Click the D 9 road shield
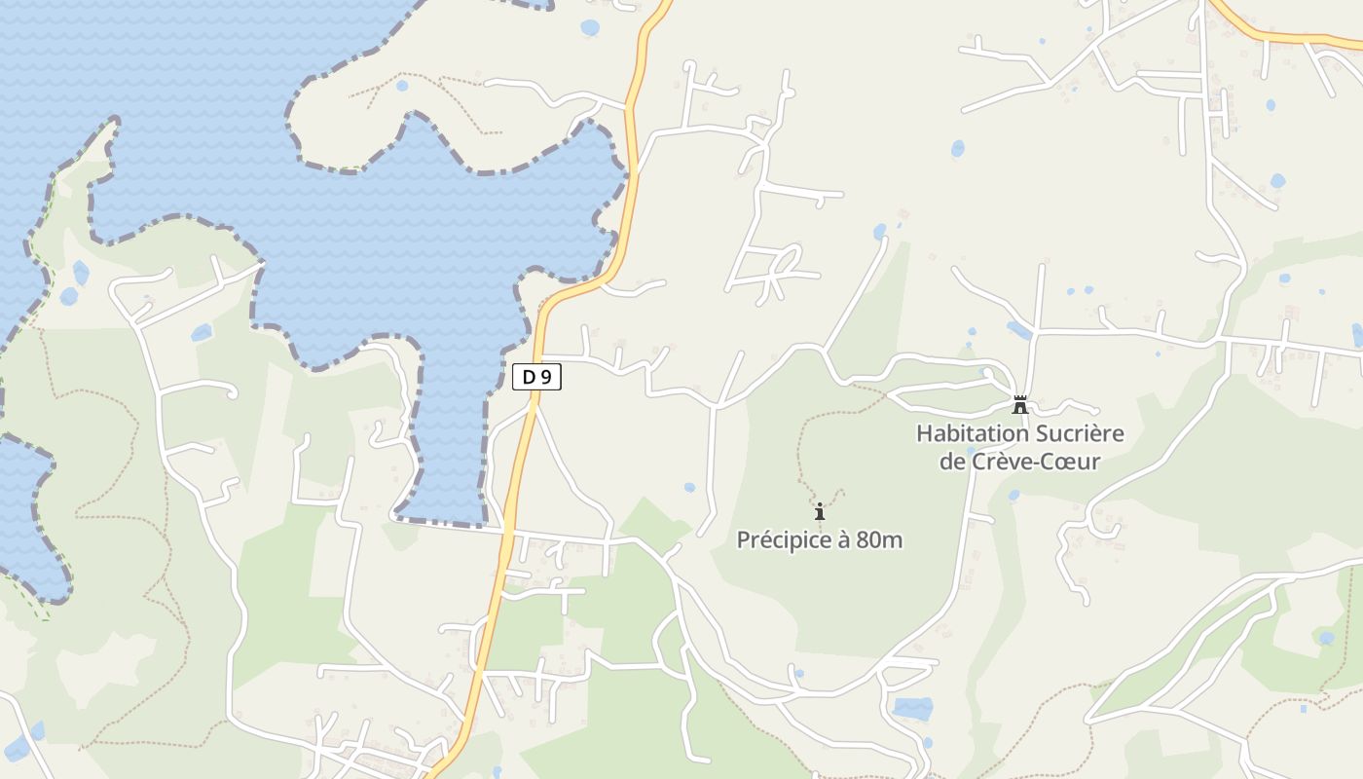(536, 377)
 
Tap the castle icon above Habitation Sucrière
(1020, 404)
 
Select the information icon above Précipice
(820, 510)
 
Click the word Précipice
(782, 539)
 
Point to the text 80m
(879, 539)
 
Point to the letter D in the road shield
(529, 377)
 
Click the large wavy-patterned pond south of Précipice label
(912, 709)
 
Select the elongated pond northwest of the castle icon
(1019, 330)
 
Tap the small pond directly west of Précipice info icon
(689, 487)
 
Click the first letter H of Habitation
(924, 433)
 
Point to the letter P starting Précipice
(743, 539)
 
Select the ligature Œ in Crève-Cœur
(1062, 462)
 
